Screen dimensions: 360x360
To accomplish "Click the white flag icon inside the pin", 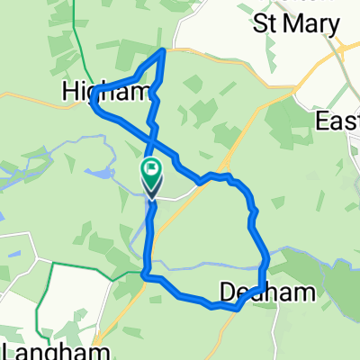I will tap(151, 167).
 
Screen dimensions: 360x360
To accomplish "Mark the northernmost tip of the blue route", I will tap(162, 51).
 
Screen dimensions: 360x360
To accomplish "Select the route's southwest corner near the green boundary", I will tap(145, 275).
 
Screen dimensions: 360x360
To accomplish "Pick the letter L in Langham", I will tap(7, 348).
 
